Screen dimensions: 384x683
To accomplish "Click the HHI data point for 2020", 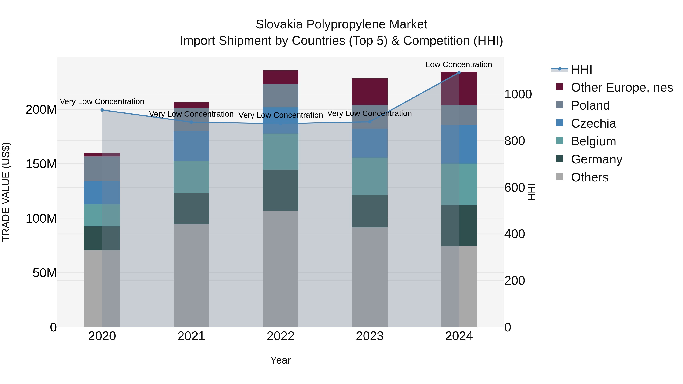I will [102, 110].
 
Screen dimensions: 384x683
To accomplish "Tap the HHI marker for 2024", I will [459, 72].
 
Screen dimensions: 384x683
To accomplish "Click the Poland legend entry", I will [590, 105].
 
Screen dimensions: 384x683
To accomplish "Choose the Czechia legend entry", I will [593, 123].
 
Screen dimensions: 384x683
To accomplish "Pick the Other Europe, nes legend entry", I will [622, 87].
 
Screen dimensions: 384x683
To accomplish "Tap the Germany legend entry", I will [596, 159].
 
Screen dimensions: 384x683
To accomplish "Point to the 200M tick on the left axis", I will [41, 109].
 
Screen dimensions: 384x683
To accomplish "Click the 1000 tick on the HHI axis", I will [518, 94].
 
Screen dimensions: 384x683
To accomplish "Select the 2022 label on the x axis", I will [281, 336].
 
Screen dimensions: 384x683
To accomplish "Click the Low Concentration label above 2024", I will [459, 64].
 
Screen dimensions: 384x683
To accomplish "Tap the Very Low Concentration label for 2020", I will [102, 101].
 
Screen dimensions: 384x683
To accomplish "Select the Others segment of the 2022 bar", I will [281, 269].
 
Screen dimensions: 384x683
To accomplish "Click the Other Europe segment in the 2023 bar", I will [370, 91].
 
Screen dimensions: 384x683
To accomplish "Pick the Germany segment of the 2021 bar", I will [191, 209].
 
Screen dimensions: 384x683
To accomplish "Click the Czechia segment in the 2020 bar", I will [102, 193].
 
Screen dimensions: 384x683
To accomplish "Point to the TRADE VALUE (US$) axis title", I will [6, 192].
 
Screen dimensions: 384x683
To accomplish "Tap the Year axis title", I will [281, 360].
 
